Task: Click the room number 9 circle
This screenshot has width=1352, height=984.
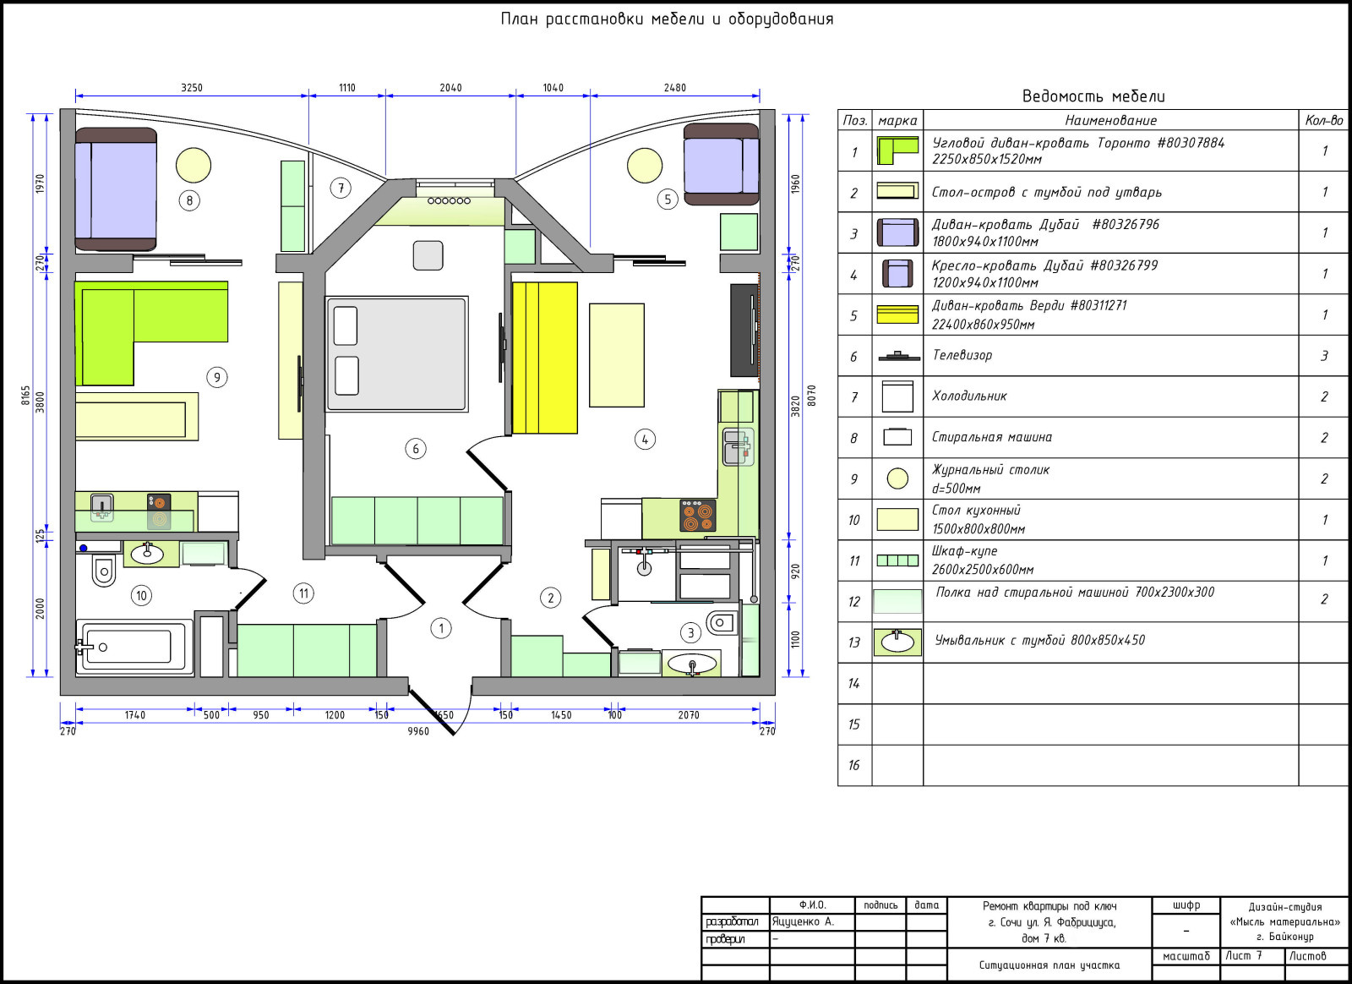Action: click(216, 377)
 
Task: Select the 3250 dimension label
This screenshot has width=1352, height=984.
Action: click(192, 88)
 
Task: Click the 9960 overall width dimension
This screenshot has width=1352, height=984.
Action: click(418, 731)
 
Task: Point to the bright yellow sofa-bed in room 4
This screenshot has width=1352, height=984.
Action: click(544, 358)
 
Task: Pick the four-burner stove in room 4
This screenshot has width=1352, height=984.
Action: click(698, 516)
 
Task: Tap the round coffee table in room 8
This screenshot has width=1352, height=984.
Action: click(194, 166)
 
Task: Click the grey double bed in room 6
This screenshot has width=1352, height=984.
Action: click(397, 354)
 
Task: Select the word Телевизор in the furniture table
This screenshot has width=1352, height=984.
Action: click(962, 355)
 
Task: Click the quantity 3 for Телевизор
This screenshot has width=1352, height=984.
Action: click(1324, 356)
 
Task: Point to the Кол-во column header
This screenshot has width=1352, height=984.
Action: click(1324, 120)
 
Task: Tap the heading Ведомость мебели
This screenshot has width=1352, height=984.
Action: click(1093, 96)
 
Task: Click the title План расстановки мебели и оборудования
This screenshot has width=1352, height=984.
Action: click(667, 19)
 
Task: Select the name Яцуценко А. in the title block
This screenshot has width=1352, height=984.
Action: click(803, 921)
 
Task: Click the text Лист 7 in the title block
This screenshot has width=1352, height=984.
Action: click(1244, 955)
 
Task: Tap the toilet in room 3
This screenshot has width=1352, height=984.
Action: click(722, 622)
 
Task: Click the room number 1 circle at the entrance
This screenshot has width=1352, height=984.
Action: click(441, 628)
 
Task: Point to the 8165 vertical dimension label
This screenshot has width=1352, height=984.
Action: click(25, 396)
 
